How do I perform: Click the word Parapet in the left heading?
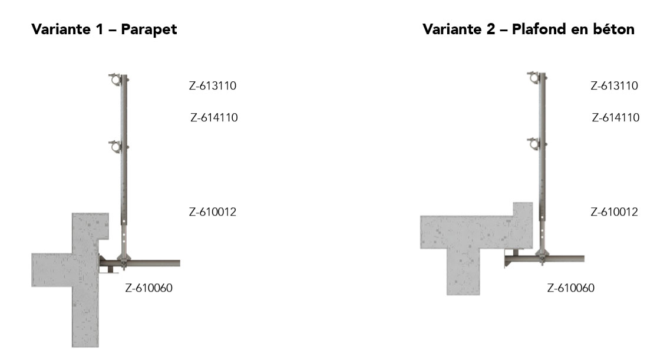tap(149, 30)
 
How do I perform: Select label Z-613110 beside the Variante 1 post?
tap(212, 86)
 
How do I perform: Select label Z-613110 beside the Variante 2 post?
tap(614, 86)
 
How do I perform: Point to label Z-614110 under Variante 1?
tap(214, 118)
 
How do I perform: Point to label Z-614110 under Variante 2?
tap(616, 118)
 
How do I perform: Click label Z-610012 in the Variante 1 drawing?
tap(212, 212)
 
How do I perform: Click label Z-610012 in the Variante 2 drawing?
tap(614, 212)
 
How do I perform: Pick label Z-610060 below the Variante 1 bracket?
tap(149, 288)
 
